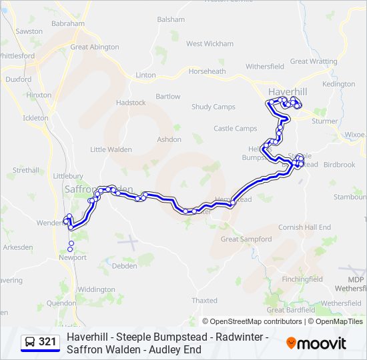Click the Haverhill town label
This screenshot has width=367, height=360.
(286, 91)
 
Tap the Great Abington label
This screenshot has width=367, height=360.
(95, 47)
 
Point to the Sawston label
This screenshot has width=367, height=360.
(29, 31)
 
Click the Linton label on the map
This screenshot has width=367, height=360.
(145, 75)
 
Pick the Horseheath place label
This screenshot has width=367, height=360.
(207, 71)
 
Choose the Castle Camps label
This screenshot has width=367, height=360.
(235, 129)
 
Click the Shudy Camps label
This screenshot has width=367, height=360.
(214, 107)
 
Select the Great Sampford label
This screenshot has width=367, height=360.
(246, 239)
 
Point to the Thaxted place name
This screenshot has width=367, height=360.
(205, 301)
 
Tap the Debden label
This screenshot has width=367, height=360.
(125, 266)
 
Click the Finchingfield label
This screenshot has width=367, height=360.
(302, 279)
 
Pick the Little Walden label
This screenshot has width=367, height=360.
(111, 149)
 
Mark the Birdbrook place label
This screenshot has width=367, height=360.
(340, 165)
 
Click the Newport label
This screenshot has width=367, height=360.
(73, 257)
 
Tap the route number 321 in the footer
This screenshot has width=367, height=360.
(47, 342)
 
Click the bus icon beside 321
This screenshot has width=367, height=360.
(30, 342)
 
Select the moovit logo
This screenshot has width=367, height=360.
(316, 343)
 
